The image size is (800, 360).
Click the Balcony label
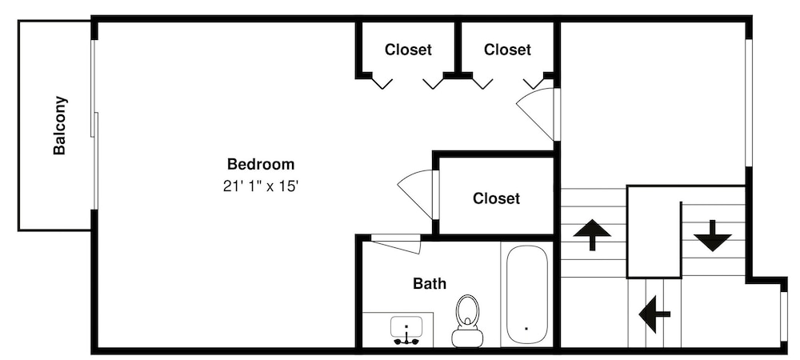pos(59,126)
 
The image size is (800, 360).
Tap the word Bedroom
pos(261,165)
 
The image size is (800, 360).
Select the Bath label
pos(430,283)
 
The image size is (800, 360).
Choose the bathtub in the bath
pos(526,294)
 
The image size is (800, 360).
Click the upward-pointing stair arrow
pos(591,234)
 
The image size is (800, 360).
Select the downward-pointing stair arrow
pos(712,235)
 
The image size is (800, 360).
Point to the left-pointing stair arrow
pos(654,314)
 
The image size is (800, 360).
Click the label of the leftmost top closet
pos(408,50)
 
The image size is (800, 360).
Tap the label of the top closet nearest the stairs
pos(507,50)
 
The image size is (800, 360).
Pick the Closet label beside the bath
pos(496,198)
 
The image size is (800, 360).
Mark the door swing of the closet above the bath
pos(418,193)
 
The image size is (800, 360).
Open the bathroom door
pos(397,243)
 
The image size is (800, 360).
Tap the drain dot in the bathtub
pos(526,328)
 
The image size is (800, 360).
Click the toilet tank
pos(467,338)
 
